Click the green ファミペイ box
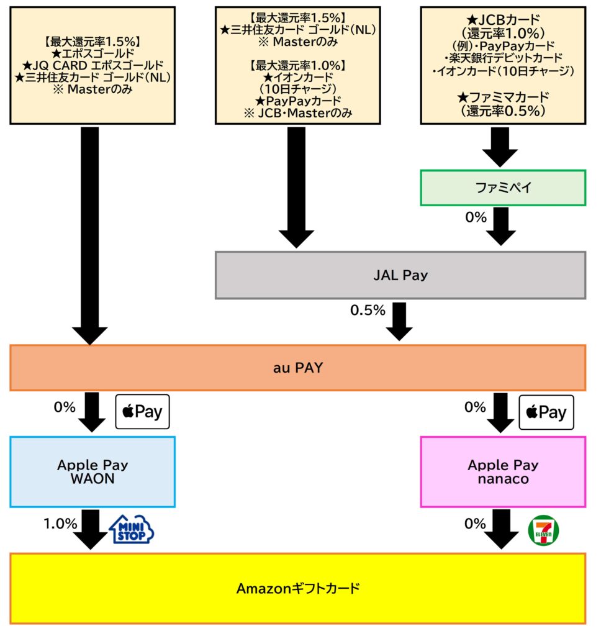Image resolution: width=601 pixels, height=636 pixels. click(503, 187)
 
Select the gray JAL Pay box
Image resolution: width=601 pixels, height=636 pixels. click(400, 275)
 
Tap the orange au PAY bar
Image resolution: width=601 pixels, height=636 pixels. click(298, 368)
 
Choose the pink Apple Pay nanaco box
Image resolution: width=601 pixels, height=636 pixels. click(503, 471)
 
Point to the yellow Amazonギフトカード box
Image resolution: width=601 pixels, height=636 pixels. click(298, 588)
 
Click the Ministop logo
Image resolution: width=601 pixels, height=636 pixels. click(132, 529)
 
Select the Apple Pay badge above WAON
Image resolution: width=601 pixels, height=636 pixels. click(143, 411)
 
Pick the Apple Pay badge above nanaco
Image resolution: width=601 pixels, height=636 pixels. click(546, 412)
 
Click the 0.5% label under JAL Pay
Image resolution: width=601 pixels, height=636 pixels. click(368, 311)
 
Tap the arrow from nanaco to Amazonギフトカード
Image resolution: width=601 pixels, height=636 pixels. click(500, 529)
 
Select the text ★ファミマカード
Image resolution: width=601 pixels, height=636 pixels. click(504, 98)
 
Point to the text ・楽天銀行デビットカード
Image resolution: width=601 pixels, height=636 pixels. click(504, 59)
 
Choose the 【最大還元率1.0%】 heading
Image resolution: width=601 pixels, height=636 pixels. click(297, 65)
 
